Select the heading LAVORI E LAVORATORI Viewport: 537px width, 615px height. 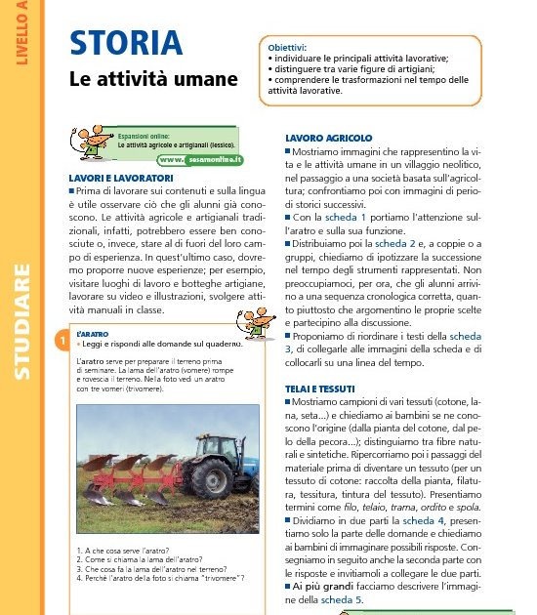[120, 178]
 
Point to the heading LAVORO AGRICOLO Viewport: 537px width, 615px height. [328, 139]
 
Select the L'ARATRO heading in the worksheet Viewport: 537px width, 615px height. [92, 334]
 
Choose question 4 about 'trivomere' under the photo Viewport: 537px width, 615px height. [159, 578]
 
